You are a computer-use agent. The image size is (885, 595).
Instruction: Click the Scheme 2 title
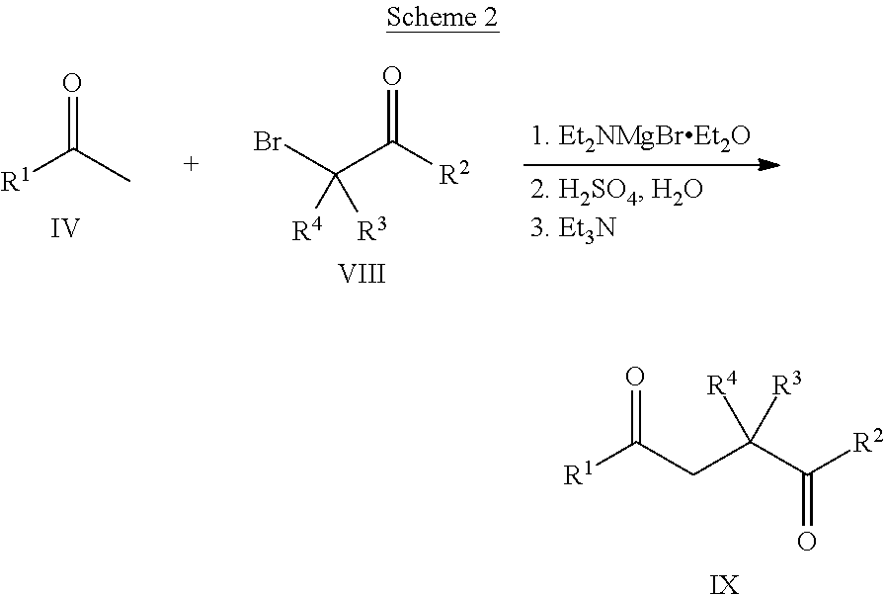tap(442, 17)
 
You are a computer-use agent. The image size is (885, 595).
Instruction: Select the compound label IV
tap(65, 228)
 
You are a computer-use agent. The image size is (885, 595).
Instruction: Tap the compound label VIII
tap(362, 274)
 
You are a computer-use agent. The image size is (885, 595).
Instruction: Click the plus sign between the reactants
tap(192, 164)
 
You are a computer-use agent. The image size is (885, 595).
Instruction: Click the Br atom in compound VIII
tap(267, 140)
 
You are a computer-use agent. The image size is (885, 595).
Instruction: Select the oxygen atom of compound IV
tap(72, 83)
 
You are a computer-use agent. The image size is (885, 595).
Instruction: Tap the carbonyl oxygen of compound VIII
tap(392, 76)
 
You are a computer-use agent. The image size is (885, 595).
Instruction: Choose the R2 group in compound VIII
tap(454, 172)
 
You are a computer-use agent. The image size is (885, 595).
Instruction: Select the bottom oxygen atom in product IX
tap(807, 542)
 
